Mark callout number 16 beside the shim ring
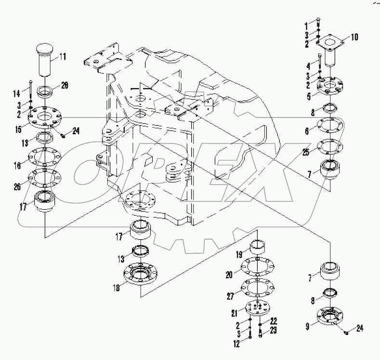pos(18,166)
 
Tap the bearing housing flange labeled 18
pos(141,279)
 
